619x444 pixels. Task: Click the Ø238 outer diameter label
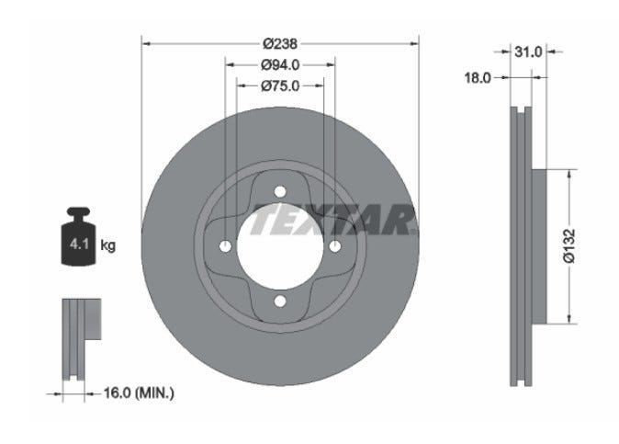[280, 43]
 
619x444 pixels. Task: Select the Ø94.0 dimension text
[280, 64]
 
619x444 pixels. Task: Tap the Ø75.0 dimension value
[280, 85]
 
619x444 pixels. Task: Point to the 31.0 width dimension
[528, 51]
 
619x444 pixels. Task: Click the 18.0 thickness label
[478, 78]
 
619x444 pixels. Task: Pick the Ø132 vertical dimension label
[569, 245]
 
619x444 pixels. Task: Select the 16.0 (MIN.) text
[139, 393]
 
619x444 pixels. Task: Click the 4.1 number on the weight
[79, 245]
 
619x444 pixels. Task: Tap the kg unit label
[107, 245]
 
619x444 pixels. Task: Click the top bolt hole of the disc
[280, 192]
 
